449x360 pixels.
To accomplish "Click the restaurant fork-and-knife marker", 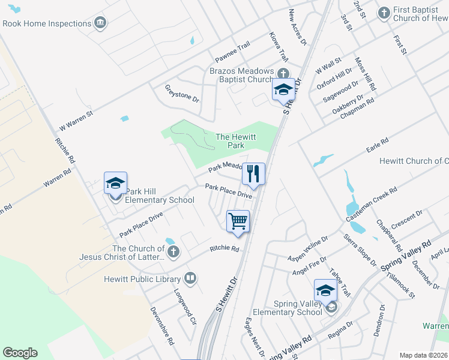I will coord(253,173).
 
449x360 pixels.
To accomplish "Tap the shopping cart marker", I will coord(238,220).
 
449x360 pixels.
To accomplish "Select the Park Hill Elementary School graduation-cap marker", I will coord(115,183).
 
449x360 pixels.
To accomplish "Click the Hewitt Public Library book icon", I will coord(190,278).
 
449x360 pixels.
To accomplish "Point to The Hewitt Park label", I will coord(231,141).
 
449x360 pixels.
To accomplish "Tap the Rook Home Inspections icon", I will coord(100,23).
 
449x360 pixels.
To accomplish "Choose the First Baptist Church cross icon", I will coord(384,12).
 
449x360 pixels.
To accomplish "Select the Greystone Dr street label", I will coord(182,94).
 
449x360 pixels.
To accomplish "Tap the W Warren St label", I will coord(76,121).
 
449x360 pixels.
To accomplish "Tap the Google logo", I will coord(20,352).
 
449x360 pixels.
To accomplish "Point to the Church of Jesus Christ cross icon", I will coord(173,251).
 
